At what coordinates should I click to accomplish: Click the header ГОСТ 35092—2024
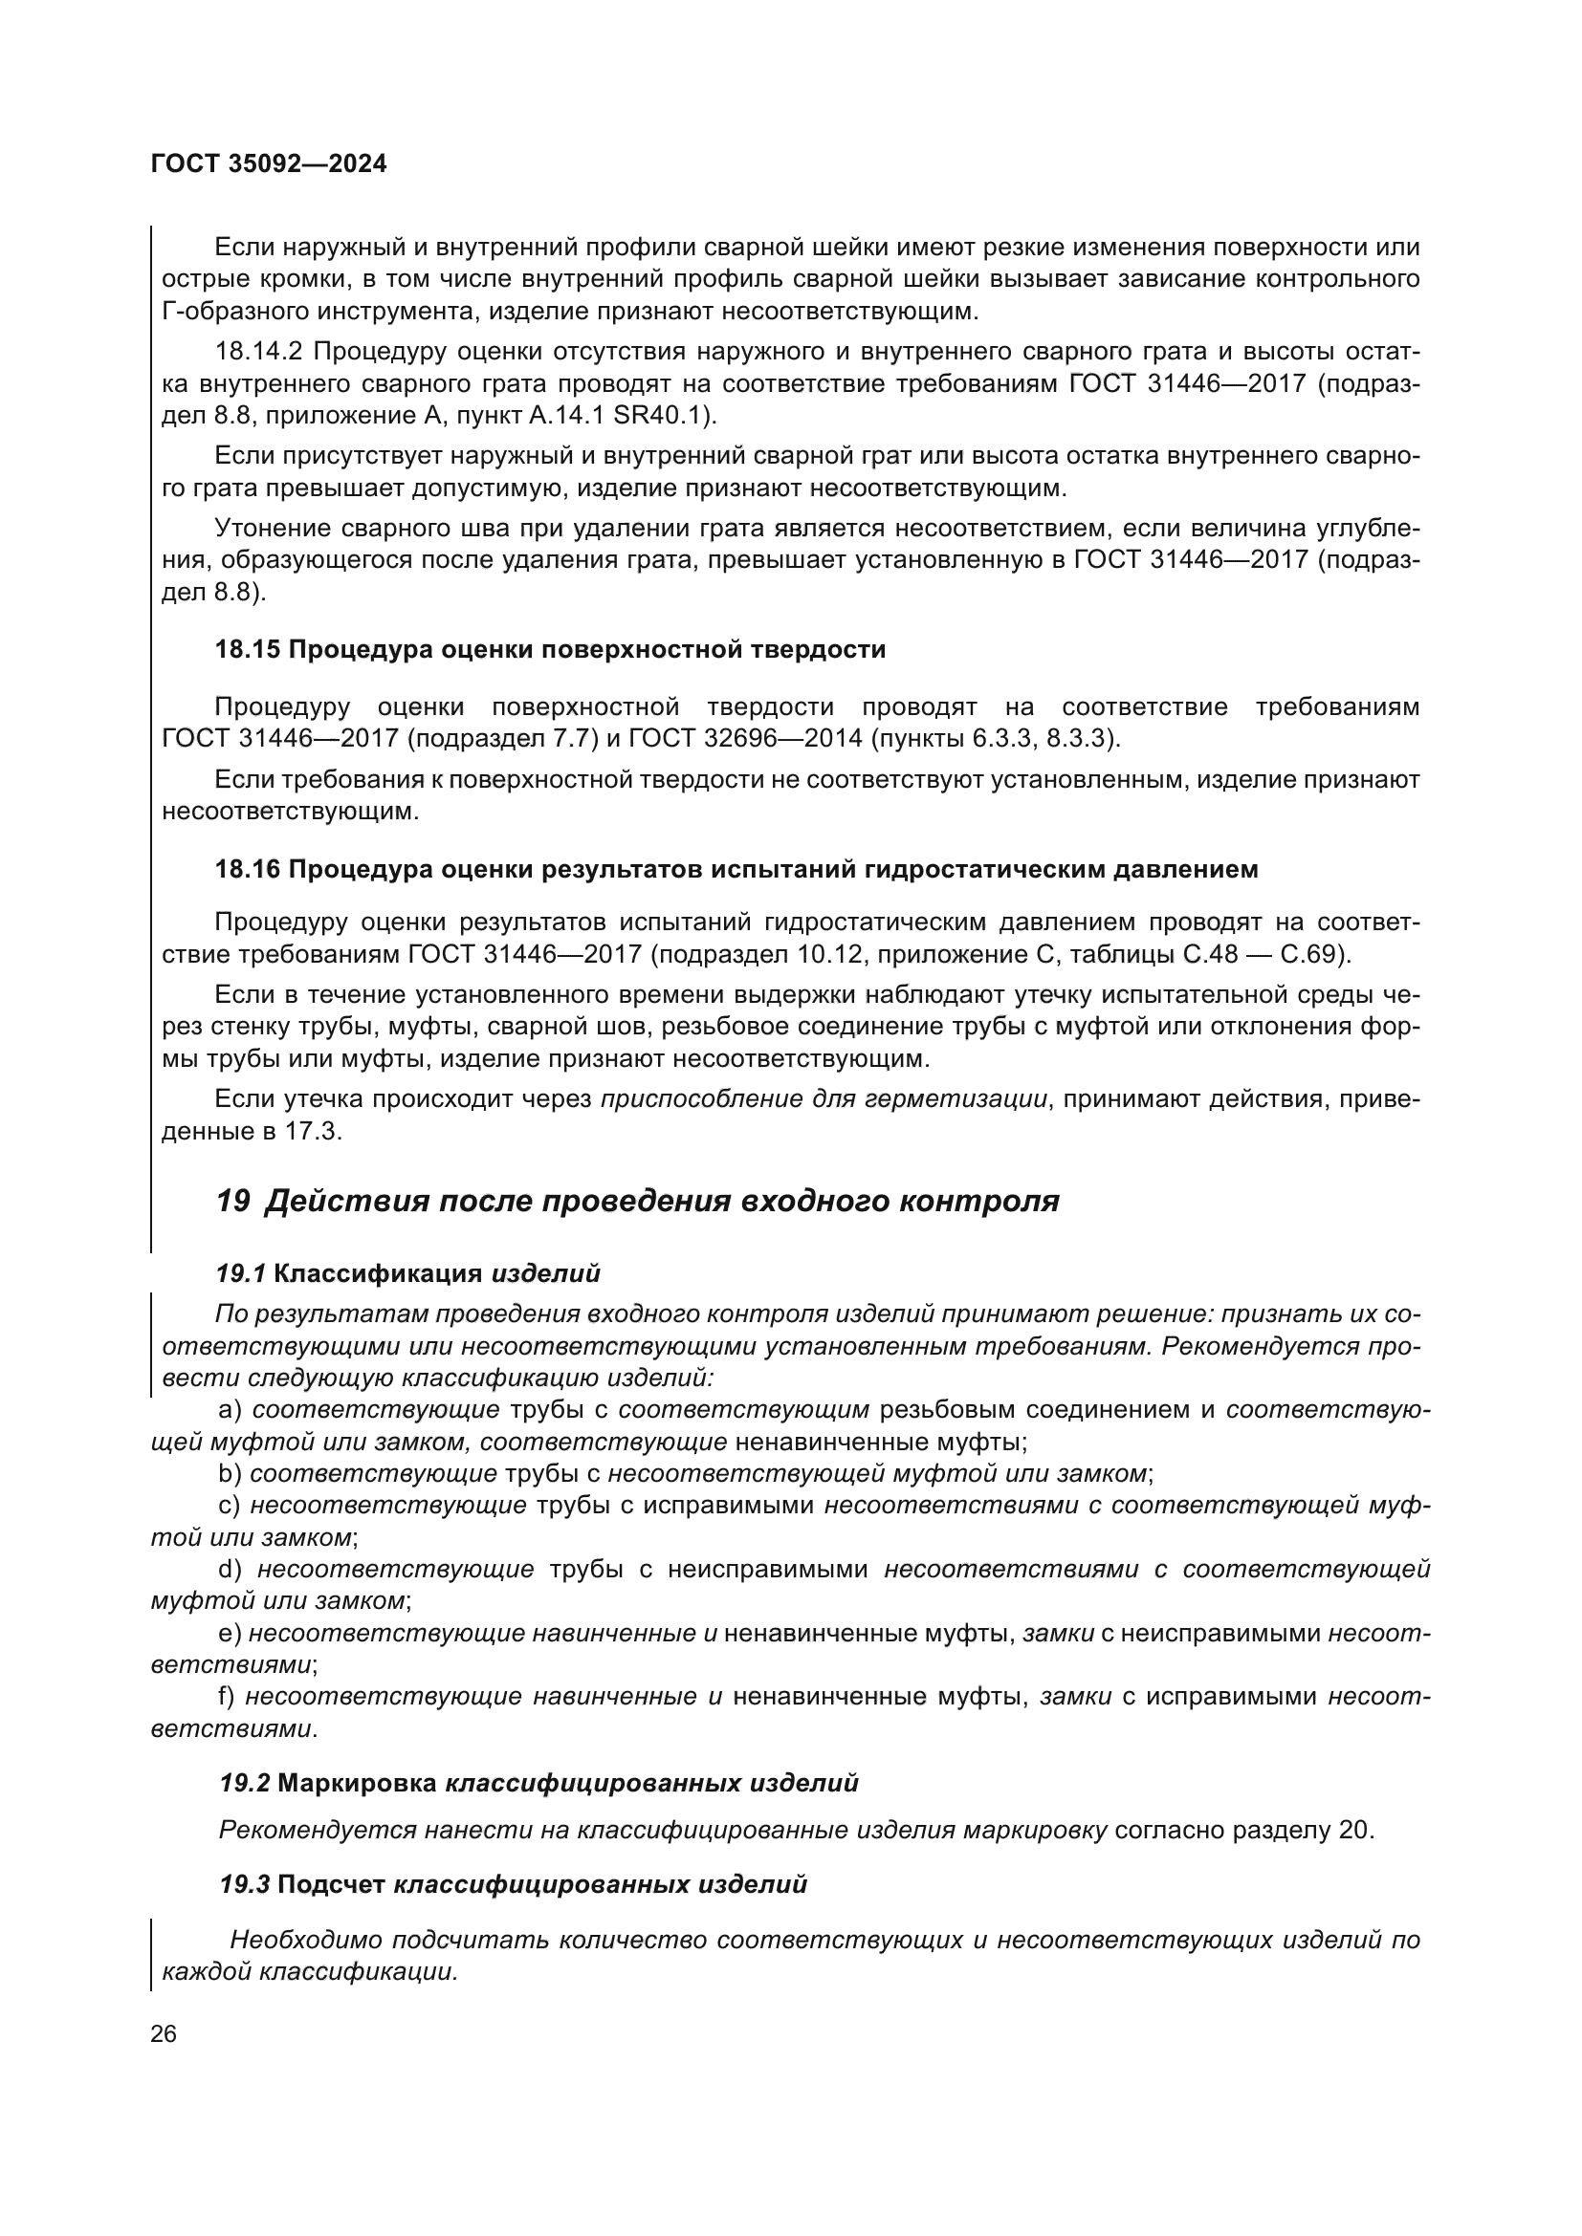(x=269, y=164)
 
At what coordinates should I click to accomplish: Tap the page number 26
(x=164, y=2034)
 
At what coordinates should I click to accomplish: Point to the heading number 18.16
(x=248, y=870)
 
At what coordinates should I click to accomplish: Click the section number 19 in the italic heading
(x=232, y=1202)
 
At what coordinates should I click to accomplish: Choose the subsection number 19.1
(x=241, y=1273)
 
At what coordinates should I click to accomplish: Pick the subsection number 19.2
(x=245, y=1784)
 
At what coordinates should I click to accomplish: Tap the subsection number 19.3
(x=245, y=1885)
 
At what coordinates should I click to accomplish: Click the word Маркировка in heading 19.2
(x=357, y=1784)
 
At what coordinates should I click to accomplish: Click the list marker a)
(x=230, y=1409)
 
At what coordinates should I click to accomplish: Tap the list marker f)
(x=228, y=1697)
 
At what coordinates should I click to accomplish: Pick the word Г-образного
(x=234, y=312)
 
